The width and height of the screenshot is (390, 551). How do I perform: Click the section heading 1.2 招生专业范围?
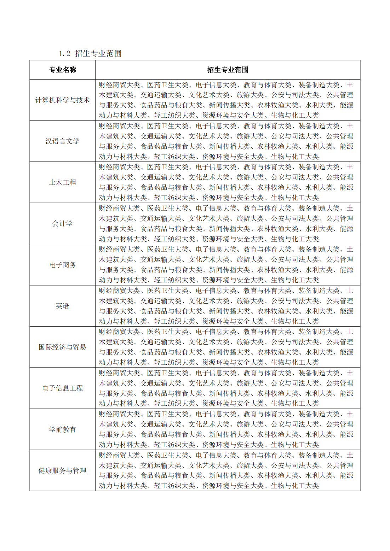[90, 53]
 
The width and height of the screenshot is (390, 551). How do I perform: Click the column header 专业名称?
[63, 70]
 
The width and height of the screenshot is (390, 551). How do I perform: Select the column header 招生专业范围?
[228, 70]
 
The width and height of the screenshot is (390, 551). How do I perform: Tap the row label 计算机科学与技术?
[63, 100]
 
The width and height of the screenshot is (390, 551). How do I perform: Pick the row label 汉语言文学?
[63, 141]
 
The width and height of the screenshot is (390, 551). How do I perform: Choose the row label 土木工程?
[63, 182]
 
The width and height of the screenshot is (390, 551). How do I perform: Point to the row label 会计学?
[63, 223]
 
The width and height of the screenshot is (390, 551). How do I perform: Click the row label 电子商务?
[63, 265]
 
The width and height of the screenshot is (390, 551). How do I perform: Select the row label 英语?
[63, 306]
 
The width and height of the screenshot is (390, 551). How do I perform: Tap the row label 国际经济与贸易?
[63, 347]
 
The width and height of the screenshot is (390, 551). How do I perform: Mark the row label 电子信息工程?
[63, 388]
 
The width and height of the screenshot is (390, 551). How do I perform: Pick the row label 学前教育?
[63, 429]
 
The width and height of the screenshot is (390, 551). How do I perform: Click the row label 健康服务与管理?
[63, 470]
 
